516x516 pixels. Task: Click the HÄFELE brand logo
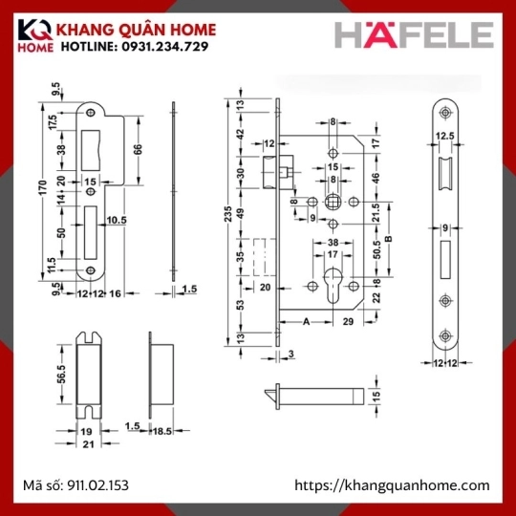[414, 35]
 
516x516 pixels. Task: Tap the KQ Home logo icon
[35, 35]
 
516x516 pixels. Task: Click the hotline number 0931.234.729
[165, 47]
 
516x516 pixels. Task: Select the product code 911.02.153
[97, 485]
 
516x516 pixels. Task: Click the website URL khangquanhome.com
[392, 485]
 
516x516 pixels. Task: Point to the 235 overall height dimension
[227, 214]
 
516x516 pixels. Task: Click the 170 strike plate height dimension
[43, 187]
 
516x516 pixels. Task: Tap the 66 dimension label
[139, 149]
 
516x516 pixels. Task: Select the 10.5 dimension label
[117, 220]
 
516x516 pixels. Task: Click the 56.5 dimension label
[62, 375]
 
